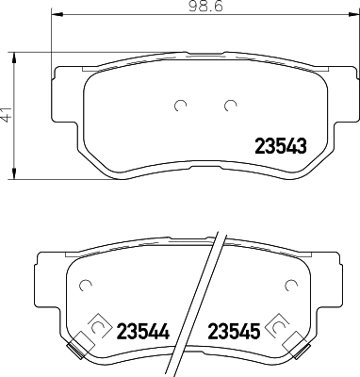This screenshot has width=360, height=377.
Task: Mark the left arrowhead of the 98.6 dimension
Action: pyautogui.click(x=56, y=17)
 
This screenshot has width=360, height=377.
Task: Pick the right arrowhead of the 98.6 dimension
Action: pyautogui.click(x=353, y=17)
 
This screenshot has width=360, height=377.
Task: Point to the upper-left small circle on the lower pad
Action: pyautogui.click(x=85, y=285)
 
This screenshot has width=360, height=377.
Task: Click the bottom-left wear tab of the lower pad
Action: pyautogui.click(x=73, y=352)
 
